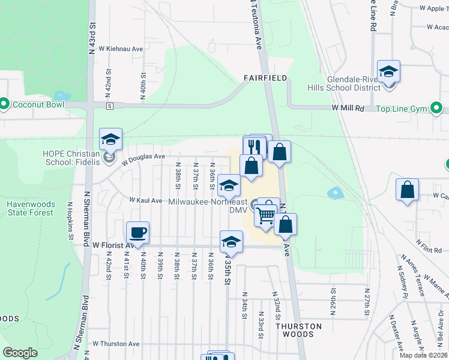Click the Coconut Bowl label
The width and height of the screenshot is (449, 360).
pyautogui.click(x=38, y=104)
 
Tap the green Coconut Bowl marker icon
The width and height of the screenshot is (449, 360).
pyautogui.click(x=5, y=104)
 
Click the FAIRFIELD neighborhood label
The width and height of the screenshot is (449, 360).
pyautogui.click(x=265, y=79)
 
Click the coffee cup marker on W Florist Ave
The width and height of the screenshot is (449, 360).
pyautogui.click(x=137, y=233)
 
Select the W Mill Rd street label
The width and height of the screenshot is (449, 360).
pyautogui.click(x=348, y=108)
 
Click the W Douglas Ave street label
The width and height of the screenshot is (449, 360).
pyautogui.click(x=143, y=158)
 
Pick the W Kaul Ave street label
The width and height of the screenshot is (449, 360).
pyautogui.click(x=146, y=200)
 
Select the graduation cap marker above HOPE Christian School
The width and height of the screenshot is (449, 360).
pyautogui.click(x=110, y=140)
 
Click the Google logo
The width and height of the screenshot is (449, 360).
pyautogui.click(x=20, y=353)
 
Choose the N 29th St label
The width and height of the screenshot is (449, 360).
pyautogui.click(x=332, y=295)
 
